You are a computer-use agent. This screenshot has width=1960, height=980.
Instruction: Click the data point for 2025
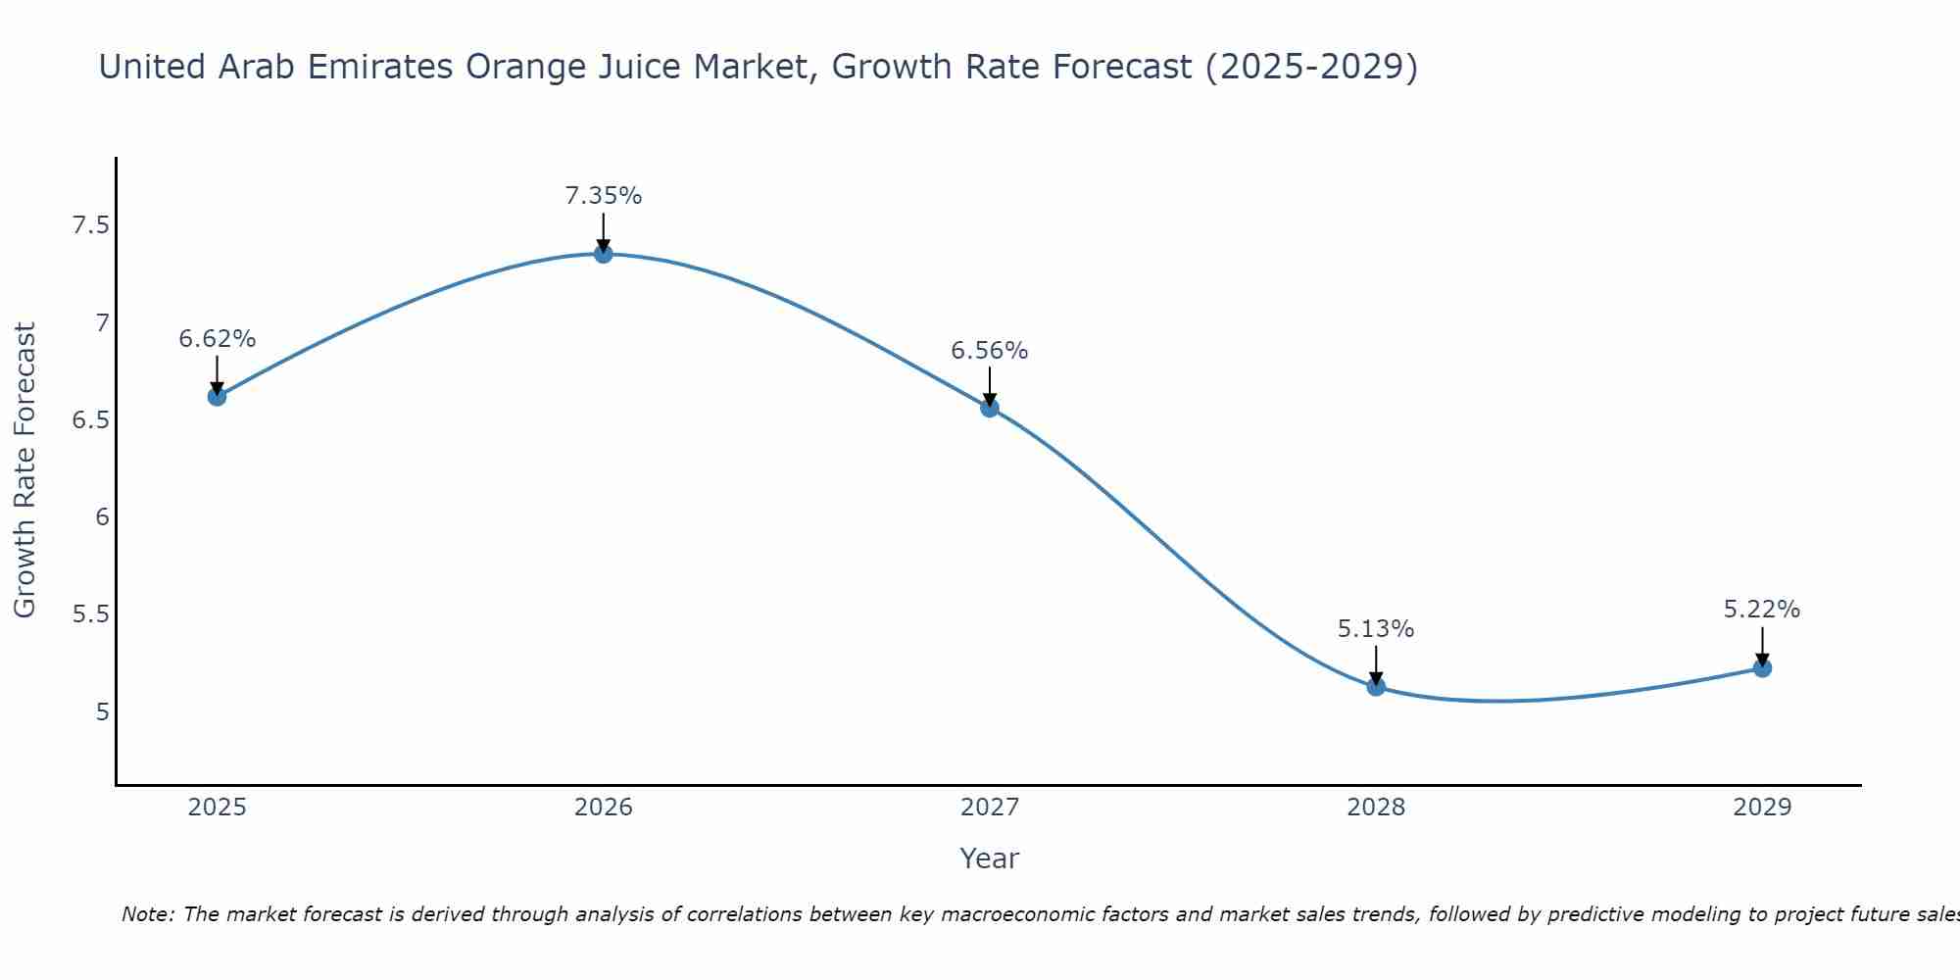click(x=217, y=396)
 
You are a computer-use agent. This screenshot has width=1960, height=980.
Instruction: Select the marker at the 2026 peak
click(x=604, y=254)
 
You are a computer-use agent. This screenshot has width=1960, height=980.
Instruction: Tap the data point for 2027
click(x=990, y=408)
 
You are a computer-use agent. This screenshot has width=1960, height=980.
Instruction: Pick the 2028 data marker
click(x=1376, y=686)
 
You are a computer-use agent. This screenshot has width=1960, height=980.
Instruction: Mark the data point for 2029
click(x=1762, y=668)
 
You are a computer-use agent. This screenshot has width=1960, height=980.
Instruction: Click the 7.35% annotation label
click(x=604, y=196)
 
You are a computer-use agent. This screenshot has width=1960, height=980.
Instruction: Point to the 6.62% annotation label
click(x=217, y=339)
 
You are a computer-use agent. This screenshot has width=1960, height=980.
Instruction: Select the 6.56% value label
click(x=990, y=351)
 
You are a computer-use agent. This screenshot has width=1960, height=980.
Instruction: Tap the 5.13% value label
click(x=1376, y=629)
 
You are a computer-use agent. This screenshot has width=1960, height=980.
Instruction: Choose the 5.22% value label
click(x=1762, y=610)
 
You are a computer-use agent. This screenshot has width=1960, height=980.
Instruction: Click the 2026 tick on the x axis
click(x=604, y=808)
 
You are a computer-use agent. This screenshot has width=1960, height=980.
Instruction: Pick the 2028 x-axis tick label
click(x=1376, y=808)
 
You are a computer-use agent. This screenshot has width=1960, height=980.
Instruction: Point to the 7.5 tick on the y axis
click(x=90, y=226)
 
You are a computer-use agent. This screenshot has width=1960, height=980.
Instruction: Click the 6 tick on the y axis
click(x=102, y=517)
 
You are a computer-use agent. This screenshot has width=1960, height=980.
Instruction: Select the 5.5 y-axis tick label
click(x=90, y=614)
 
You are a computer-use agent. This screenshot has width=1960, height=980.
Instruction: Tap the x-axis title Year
click(x=990, y=858)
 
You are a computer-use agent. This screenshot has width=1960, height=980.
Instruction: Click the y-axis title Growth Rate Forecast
click(x=25, y=470)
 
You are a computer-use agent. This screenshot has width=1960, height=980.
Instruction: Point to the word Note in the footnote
click(x=147, y=914)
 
